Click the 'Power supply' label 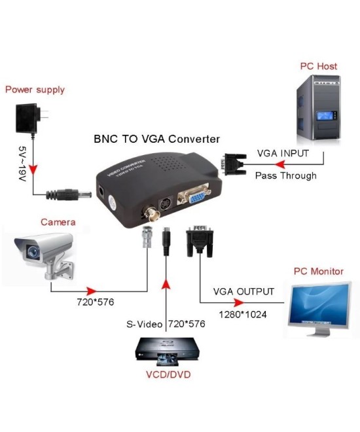pos(35,89)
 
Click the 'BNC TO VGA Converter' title pos(157,139)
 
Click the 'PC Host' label pos(319,67)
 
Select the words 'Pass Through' pos(285,175)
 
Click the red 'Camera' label pos(58,222)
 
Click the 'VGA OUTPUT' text pos(243,292)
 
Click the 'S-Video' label pos(145,324)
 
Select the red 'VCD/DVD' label pos(167,375)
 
